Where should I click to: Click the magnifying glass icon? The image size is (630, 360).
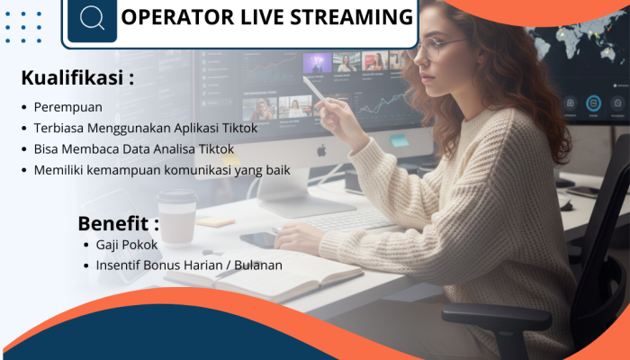pyautogui.click(x=92, y=18)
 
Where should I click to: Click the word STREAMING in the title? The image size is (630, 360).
pyautogui.click(x=352, y=17)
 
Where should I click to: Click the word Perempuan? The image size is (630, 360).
pyautogui.click(x=67, y=107)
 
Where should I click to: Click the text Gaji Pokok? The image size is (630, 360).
pyautogui.click(x=127, y=245)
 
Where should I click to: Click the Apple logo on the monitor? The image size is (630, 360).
pyautogui.click(x=321, y=151)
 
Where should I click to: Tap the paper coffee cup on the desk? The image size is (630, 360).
pyautogui.click(x=176, y=216)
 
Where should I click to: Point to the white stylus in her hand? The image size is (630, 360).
pyautogui.click(x=315, y=89)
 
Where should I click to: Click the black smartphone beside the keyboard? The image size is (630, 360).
pyautogui.click(x=259, y=240)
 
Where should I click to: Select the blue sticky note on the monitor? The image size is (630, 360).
pyautogui.click(x=400, y=140)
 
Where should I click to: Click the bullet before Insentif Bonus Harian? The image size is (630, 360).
pyautogui.click(x=86, y=265)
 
